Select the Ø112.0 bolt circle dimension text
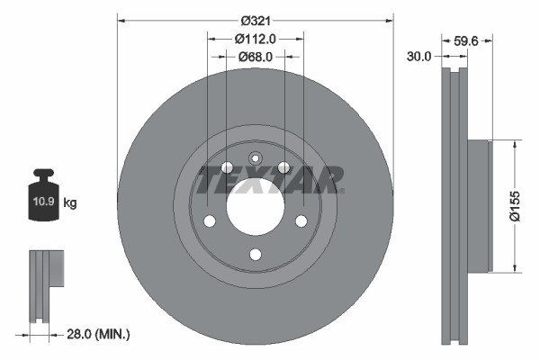[x=255, y=38]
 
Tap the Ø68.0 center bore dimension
[x=255, y=57]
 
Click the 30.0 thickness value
[x=419, y=56]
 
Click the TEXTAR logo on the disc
[x=270, y=179]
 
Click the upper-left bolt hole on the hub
[x=227, y=167]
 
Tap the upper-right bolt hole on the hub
[x=283, y=167]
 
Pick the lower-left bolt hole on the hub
[x=209, y=221]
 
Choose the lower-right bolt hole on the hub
[x=301, y=221]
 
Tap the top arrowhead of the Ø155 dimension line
[x=515, y=142]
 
